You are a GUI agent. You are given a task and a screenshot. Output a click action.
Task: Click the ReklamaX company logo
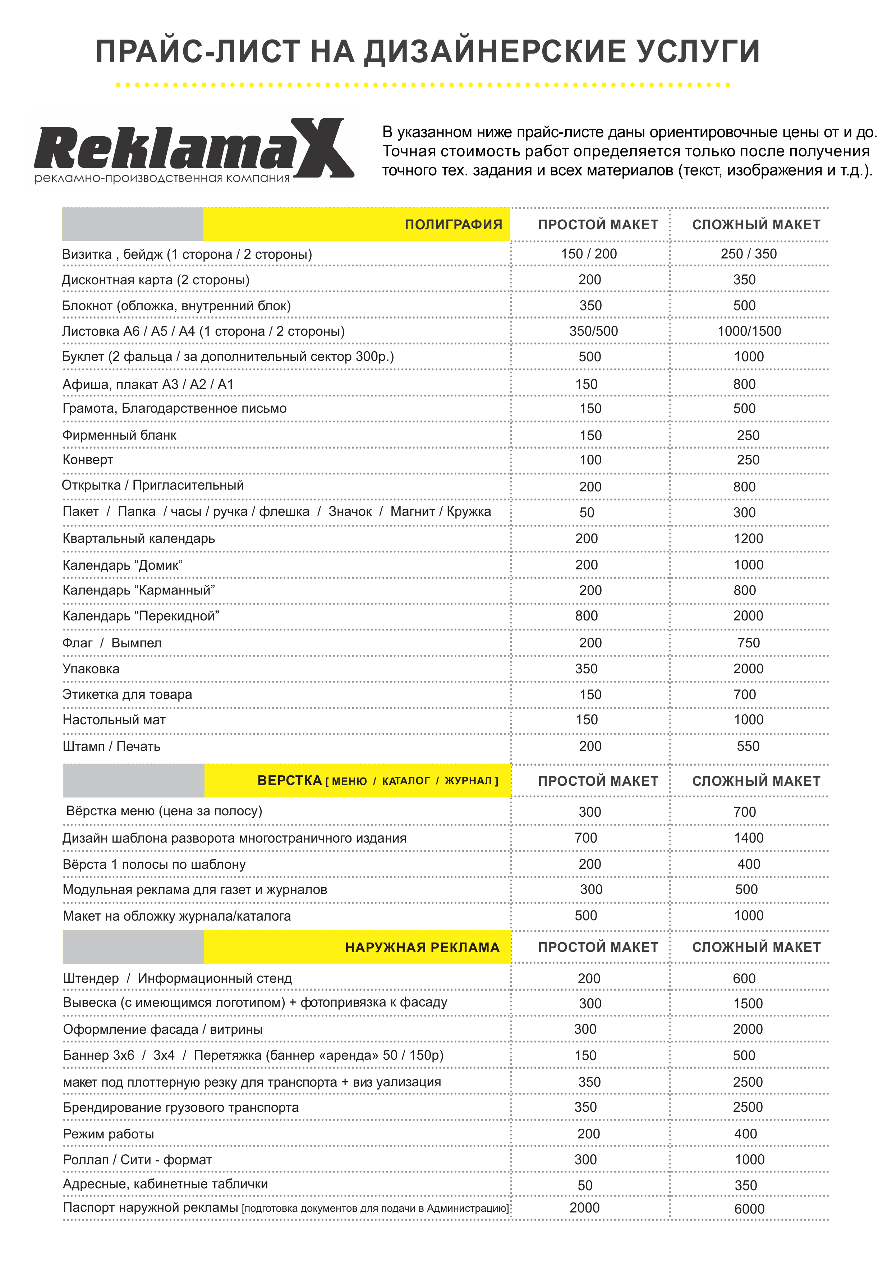[x=193, y=150]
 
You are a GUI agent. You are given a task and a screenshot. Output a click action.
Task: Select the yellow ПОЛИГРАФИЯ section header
[x=453, y=225]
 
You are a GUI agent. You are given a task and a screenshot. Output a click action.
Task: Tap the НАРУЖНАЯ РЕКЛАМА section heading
[x=422, y=948]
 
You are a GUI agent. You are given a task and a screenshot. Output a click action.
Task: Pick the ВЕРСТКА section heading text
[x=289, y=780]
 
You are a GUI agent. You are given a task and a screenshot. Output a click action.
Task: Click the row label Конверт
[x=88, y=460]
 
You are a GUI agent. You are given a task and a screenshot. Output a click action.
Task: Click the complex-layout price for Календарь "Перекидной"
[x=748, y=616]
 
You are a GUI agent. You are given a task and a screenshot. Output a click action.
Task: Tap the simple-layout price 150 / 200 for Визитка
[x=589, y=254]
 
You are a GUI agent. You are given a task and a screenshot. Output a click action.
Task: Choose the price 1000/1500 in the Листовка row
[x=749, y=331]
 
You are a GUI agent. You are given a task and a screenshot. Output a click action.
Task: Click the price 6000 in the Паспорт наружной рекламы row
[x=749, y=1209]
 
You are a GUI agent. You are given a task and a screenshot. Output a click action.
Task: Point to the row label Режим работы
[x=108, y=1134]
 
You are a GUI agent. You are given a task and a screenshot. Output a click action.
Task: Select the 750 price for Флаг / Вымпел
[x=749, y=643]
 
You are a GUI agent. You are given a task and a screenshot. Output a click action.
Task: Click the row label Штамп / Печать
[x=111, y=746]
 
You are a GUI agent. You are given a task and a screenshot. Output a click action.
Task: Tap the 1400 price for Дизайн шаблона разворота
[x=749, y=838]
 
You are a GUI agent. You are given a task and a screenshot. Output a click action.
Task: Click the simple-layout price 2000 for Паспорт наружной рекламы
[x=584, y=1208]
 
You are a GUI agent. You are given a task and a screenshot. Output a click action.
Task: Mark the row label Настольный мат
[x=114, y=720]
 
